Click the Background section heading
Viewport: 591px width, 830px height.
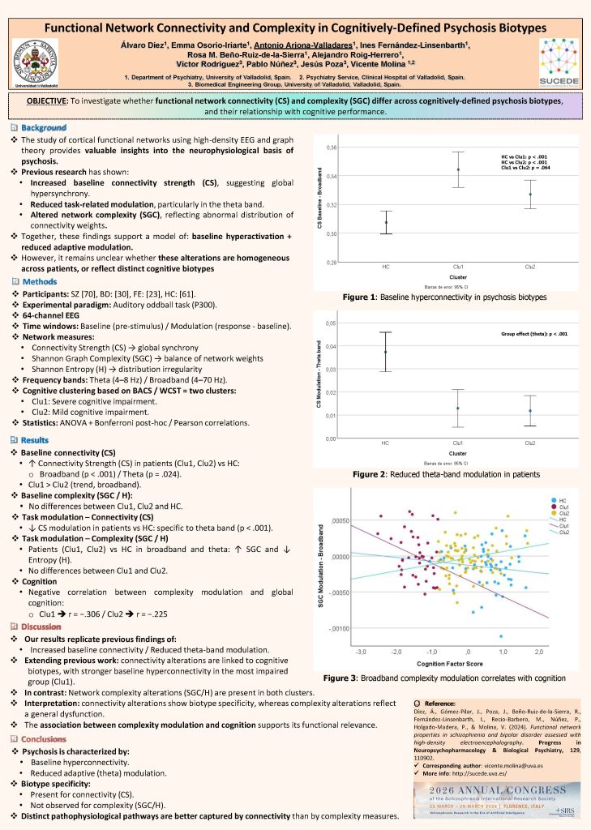[44, 129]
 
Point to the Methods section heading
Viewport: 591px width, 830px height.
[41, 280]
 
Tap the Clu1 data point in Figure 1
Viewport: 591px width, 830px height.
[458, 169]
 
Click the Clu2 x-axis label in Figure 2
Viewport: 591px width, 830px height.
[530, 443]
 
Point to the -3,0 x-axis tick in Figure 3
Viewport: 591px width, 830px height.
[360, 651]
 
